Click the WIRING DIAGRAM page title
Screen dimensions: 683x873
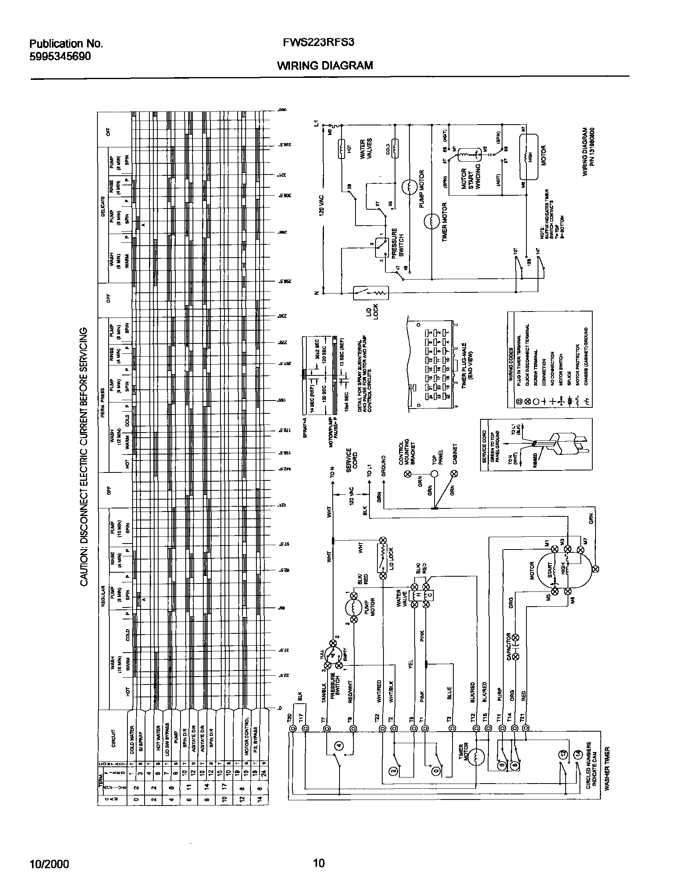(x=325, y=65)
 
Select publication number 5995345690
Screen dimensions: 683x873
(x=60, y=56)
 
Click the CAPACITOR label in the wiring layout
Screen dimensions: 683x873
(x=508, y=647)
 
